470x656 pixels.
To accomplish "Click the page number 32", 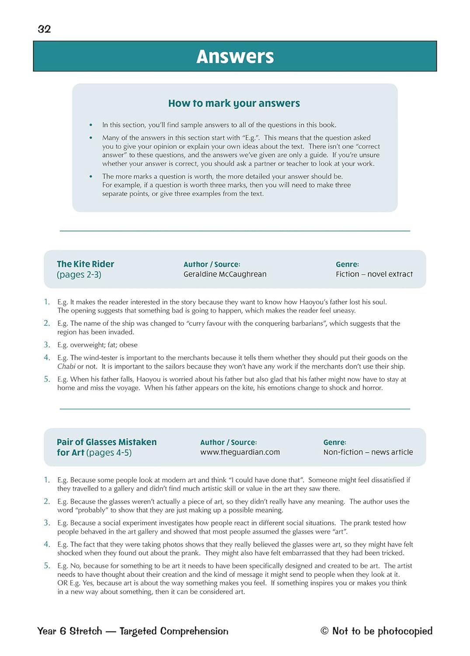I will point(44,29).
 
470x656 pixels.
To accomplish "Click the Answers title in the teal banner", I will point(235,56).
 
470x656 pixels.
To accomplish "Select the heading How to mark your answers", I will point(234,103).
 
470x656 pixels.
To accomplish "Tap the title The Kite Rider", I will point(85,264).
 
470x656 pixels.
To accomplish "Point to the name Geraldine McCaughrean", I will point(225,274).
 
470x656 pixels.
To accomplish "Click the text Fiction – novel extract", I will point(374,274).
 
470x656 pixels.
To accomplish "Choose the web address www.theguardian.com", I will point(240,452).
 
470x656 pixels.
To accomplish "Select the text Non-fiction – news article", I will point(368,452).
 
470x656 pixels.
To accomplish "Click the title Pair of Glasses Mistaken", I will point(107,442).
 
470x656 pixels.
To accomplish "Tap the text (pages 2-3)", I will point(79,275).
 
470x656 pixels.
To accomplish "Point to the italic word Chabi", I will point(66,366).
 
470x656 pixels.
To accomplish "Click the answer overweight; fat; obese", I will point(104,345).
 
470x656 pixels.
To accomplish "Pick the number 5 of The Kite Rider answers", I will point(47,379).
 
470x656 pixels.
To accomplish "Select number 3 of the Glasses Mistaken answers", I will point(47,523).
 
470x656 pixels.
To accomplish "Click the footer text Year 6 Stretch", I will point(70,631).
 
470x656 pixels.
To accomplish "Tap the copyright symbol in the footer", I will point(324,631).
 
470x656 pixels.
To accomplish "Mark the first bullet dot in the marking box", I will point(91,125).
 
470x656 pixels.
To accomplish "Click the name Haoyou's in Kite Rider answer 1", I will point(315,302).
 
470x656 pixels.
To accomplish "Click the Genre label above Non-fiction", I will point(334,443).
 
